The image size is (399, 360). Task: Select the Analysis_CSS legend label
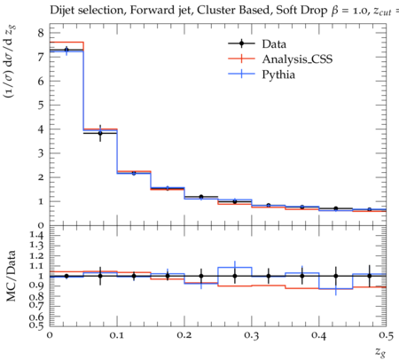click(297, 59)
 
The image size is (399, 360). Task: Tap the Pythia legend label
click(278, 74)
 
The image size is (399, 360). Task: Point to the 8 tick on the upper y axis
click(41, 33)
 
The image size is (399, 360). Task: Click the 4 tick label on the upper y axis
click(41, 129)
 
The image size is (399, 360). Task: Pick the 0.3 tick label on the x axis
click(252, 335)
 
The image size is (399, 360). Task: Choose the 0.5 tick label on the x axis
click(387, 335)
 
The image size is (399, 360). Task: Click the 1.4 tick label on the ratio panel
click(37, 235)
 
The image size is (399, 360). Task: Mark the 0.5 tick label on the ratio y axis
click(37, 325)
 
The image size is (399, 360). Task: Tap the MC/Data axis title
click(11, 276)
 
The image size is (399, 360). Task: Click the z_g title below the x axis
click(380, 352)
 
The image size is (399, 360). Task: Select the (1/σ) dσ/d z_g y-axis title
click(11, 62)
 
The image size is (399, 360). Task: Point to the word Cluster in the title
click(214, 11)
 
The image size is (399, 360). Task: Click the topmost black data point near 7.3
click(66, 50)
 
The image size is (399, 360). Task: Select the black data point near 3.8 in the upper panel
click(100, 133)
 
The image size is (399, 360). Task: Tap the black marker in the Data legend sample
click(241, 43)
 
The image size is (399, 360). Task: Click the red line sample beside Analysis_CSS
click(241, 59)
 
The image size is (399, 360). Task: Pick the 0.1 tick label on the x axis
click(117, 335)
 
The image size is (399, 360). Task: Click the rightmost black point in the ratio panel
click(370, 276)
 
